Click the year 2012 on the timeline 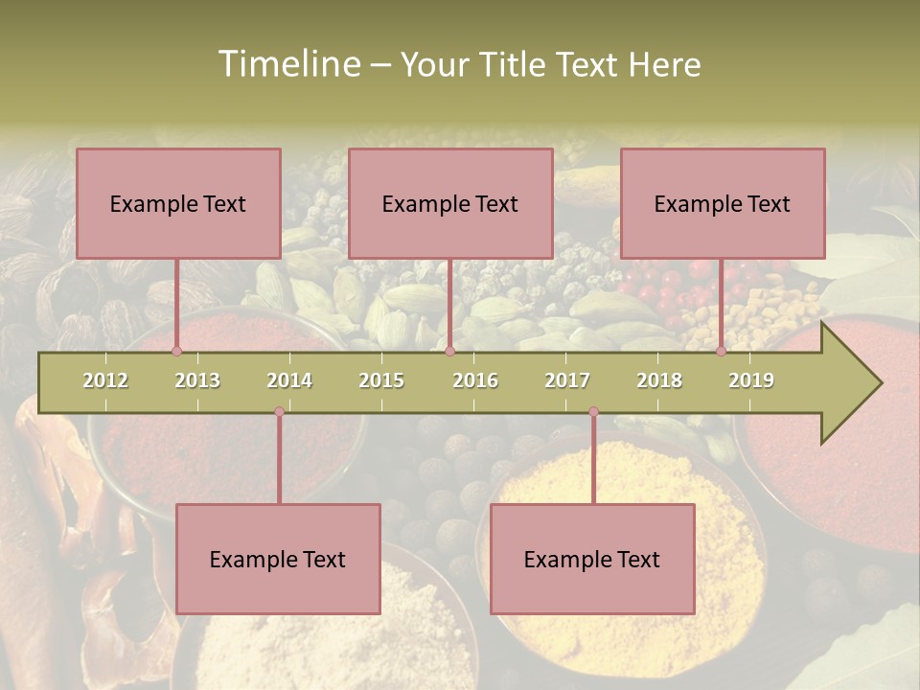(105, 380)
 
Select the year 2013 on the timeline (197, 380)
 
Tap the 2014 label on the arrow (289, 380)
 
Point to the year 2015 (381, 380)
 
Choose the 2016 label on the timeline (475, 380)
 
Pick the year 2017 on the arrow (567, 380)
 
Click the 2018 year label (659, 380)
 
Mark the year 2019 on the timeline (751, 380)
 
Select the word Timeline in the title (287, 64)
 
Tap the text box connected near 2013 (178, 203)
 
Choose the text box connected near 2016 (450, 203)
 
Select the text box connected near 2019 (723, 203)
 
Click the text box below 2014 (278, 559)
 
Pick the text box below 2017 (592, 559)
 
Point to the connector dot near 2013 (176, 351)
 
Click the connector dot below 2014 (279, 412)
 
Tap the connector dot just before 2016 (449, 351)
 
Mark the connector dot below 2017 (593, 412)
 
